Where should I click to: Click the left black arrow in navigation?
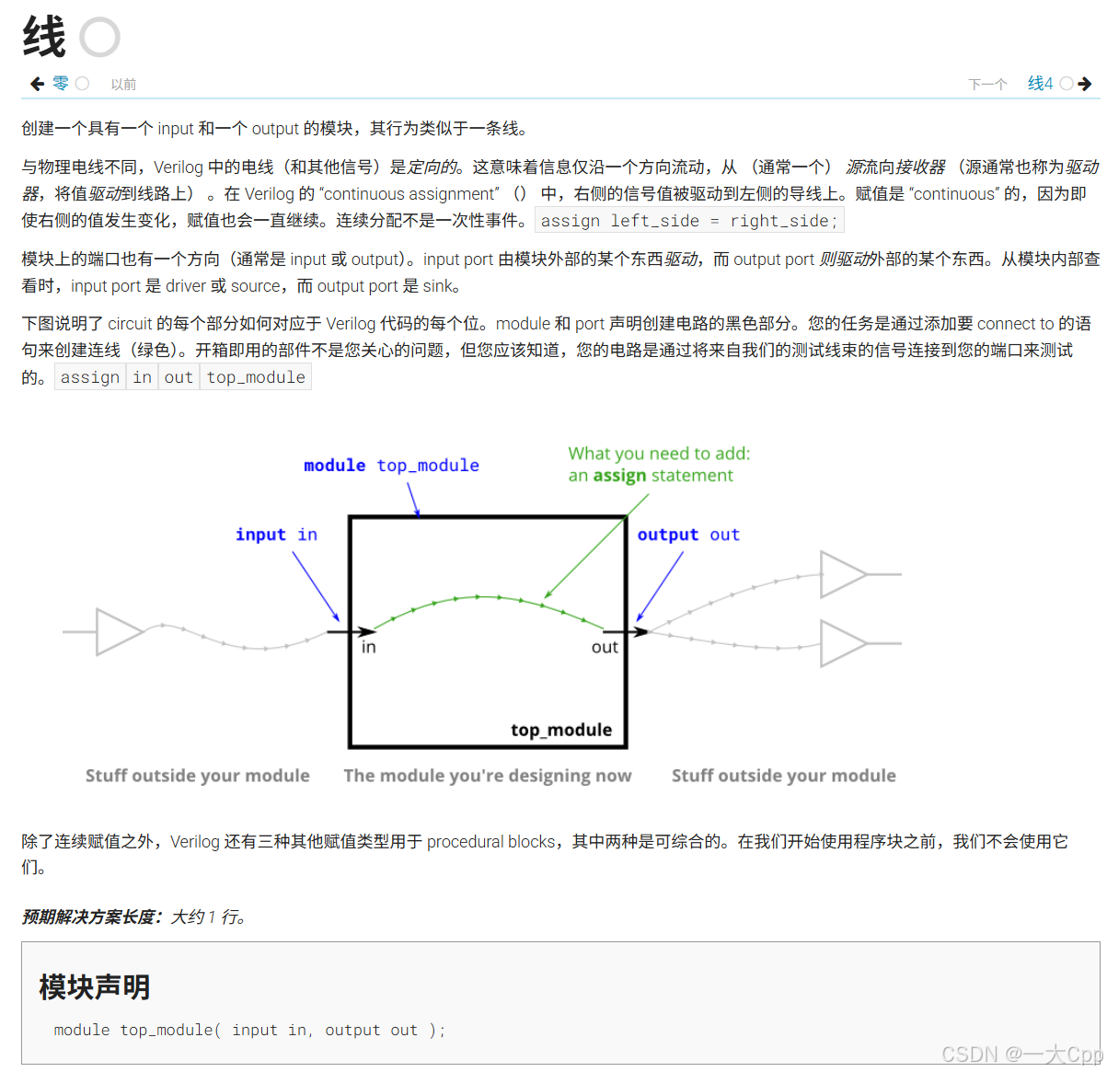(37, 84)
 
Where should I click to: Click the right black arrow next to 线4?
(1085, 84)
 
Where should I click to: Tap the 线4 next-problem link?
(1040, 84)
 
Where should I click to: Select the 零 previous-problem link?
(61, 84)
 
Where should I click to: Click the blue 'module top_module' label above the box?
(391, 466)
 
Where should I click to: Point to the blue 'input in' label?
(276, 535)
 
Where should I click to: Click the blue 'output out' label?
(688, 535)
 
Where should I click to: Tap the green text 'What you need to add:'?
(659, 454)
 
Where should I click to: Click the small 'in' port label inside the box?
(368, 648)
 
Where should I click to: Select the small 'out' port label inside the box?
(605, 648)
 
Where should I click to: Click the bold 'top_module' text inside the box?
(561, 731)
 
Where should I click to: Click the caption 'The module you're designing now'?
(488, 776)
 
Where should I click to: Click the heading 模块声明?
(95, 987)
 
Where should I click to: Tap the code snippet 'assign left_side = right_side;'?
(689, 221)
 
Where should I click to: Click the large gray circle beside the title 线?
(99, 38)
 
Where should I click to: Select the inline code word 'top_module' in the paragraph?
(256, 377)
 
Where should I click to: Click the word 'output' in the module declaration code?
(352, 1031)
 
